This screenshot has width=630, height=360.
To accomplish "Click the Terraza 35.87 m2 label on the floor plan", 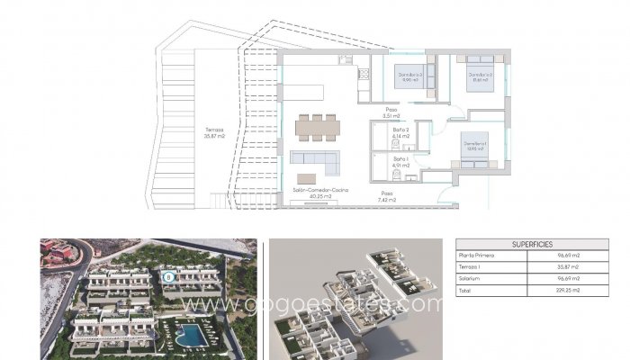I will coord(213,133).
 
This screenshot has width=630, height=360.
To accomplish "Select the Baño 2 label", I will coord(401,132).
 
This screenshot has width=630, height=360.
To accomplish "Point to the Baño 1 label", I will coord(401,162).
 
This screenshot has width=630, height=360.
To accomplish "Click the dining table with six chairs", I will coord(316,127).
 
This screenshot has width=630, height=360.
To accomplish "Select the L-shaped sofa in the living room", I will coord(315,164).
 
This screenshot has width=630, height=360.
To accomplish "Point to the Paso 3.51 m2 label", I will coord(391,113).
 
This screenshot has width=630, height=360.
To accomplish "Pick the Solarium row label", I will coord(472,280).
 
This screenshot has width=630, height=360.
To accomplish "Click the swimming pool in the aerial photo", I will coord(192,334).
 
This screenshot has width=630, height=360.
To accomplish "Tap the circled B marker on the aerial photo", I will coord(168,277).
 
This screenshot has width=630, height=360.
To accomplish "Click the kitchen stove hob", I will coord(346,60).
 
